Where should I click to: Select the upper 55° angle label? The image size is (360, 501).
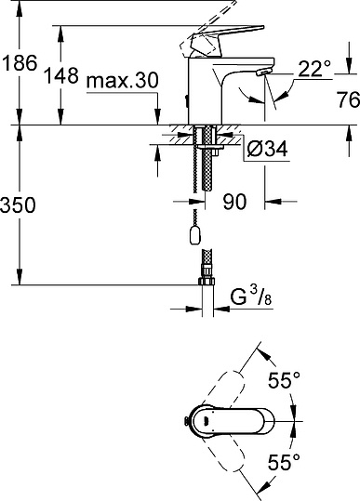(283, 379)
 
